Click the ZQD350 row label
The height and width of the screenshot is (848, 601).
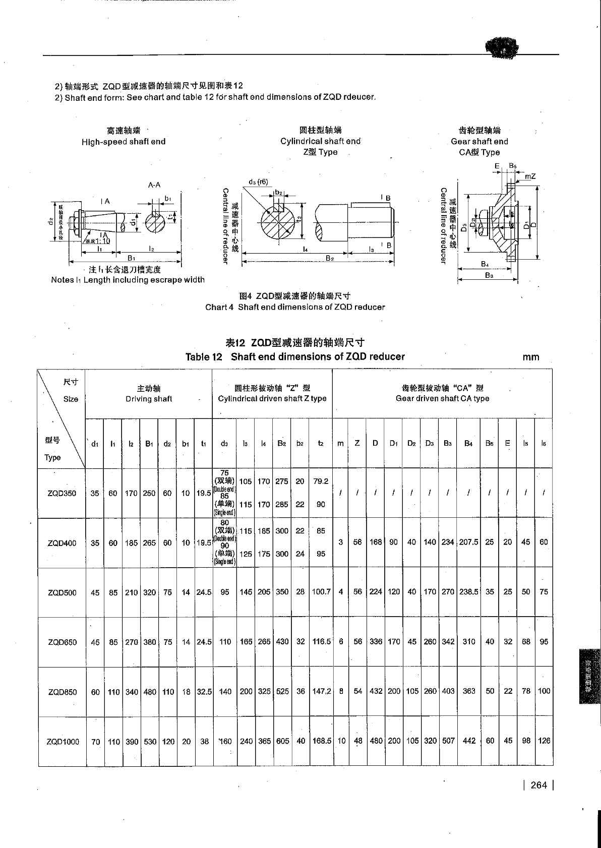62,493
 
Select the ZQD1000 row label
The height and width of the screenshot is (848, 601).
63,742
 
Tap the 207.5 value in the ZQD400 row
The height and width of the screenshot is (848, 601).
468,542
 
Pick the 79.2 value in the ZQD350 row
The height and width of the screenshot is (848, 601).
321,481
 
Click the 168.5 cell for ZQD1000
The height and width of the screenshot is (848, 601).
322,741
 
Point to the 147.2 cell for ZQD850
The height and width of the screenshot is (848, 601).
322,692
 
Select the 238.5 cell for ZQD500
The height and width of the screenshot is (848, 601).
469,592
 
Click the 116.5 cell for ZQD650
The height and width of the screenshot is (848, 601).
321,642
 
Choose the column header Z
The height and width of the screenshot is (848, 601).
357,443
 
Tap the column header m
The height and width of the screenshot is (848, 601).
340,443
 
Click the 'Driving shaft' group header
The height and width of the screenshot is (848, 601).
149,399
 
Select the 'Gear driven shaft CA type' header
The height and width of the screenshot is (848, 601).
442,398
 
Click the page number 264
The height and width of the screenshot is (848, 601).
539,785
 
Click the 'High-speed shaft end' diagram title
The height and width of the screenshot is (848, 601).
124,142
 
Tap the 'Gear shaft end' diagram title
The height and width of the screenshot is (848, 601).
479,142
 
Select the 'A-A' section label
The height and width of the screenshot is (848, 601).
154,185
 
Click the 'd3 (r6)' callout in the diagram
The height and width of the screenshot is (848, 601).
258,182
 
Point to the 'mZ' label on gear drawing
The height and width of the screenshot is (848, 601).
530,176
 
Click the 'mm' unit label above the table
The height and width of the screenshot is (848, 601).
530,357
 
